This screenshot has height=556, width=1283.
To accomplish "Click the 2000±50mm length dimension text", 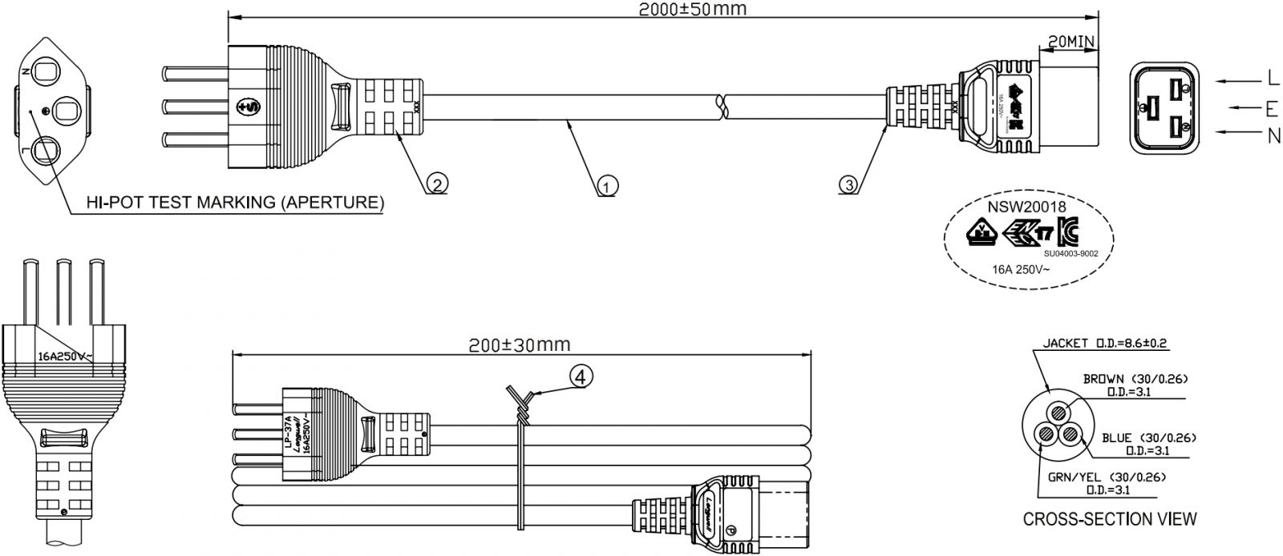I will [x=691, y=9].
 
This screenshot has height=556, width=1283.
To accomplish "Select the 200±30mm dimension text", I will [x=519, y=344].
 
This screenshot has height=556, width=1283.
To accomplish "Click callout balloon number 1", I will [x=607, y=187].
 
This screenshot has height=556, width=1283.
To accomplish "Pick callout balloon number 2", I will [x=435, y=184].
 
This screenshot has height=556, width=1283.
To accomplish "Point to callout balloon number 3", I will [x=849, y=184].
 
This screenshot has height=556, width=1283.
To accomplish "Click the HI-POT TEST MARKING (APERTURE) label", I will [x=235, y=202].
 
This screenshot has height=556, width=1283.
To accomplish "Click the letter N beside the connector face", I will [x=1273, y=136].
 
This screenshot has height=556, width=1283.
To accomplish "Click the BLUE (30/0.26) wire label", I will [x=1149, y=437].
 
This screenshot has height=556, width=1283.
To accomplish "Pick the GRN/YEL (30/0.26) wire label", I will [x=1106, y=477].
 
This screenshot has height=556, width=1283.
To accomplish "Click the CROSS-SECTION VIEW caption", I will [x=1110, y=519].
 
